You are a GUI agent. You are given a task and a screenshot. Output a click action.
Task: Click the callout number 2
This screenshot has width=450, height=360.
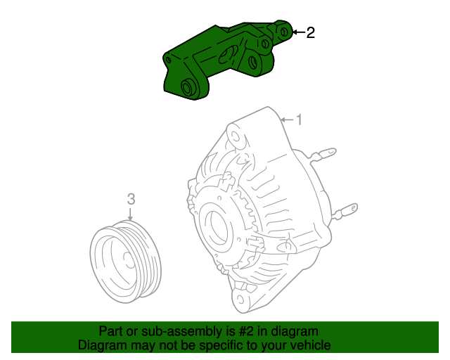pyautogui.click(x=310, y=32)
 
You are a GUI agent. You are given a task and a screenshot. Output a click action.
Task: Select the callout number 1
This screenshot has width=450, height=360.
pyautogui.click(x=298, y=120)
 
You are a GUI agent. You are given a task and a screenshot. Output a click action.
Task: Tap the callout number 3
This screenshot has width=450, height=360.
pyautogui.click(x=130, y=200)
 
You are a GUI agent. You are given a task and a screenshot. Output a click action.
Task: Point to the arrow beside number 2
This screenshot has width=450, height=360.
pyautogui.click(x=297, y=32)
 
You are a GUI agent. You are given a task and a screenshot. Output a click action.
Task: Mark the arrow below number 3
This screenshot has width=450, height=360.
pyautogui.click(x=130, y=215)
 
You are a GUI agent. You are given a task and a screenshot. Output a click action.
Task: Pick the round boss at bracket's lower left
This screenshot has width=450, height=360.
pyautogui.click(x=188, y=88)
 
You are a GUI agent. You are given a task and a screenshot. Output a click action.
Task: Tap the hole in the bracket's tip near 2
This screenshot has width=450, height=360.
pyautogui.click(x=284, y=31)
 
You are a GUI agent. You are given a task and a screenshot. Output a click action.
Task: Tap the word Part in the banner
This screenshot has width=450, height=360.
pyautogui.click(x=110, y=331)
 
